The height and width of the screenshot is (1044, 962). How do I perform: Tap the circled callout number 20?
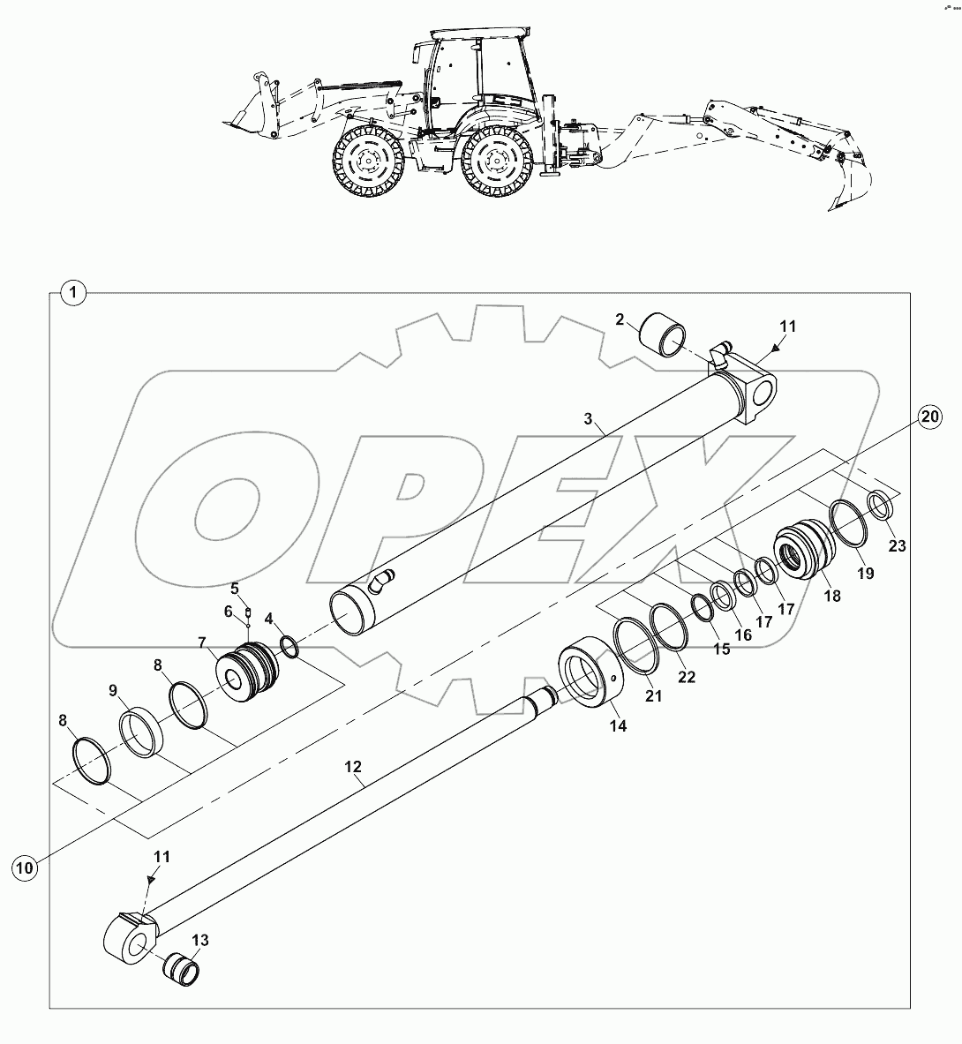929,417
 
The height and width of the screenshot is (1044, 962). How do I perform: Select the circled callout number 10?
26,867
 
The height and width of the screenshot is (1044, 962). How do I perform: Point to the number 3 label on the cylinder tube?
589,419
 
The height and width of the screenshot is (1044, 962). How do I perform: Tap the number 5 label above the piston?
235,588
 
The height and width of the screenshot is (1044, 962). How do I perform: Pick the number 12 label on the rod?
353,767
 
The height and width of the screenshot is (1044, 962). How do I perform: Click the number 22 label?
687,677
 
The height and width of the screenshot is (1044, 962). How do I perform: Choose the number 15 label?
722,649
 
